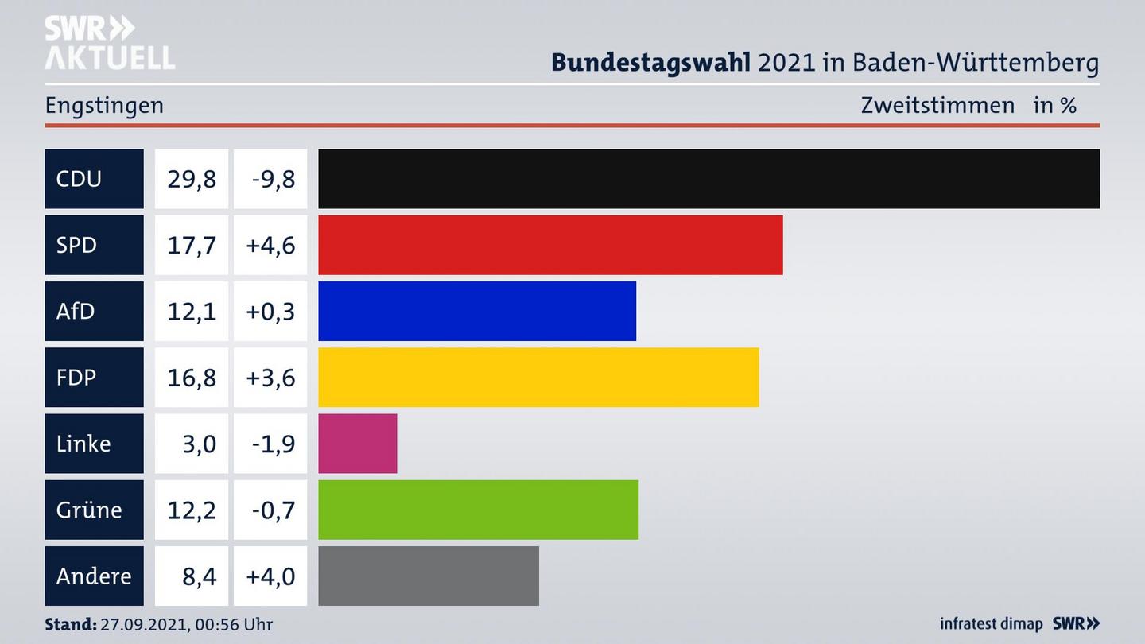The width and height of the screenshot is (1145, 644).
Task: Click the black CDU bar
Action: point(708,179)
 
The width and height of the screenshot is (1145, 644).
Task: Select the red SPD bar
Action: point(550,245)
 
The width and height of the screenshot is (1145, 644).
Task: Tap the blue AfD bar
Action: point(477,311)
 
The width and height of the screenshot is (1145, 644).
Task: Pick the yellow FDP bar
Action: point(538,377)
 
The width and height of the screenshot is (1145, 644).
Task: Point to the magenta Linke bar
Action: point(357,444)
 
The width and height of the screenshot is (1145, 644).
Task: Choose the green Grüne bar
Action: point(478,510)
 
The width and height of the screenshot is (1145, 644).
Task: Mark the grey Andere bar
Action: point(429,576)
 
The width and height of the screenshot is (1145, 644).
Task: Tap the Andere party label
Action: point(94,576)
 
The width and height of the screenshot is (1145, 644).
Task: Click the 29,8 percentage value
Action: point(191,179)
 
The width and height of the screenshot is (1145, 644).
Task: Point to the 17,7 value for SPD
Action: point(191,245)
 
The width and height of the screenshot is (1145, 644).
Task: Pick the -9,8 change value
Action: point(273,179)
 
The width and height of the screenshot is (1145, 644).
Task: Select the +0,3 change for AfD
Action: point(270,311)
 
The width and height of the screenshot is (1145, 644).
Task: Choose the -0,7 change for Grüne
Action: point(273,510)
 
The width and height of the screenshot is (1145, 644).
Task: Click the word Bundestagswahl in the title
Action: point(650,62)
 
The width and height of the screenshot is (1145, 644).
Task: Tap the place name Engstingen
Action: point(104,105)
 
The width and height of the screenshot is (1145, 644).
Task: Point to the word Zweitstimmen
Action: point(937,105)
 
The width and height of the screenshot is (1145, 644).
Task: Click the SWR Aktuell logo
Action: point(109,43)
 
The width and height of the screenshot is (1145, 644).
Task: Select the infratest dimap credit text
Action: point(991,624)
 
